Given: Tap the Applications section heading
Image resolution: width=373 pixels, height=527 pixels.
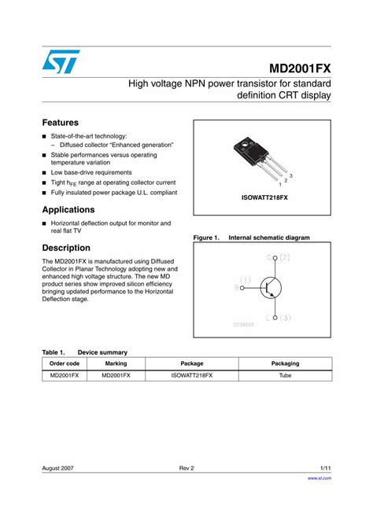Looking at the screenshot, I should [68, 210].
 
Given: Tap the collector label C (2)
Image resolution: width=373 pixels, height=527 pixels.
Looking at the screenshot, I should [278, 258].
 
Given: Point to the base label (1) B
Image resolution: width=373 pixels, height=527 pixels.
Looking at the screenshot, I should [242, 283].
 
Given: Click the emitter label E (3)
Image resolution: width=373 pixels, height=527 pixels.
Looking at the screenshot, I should [279, 318].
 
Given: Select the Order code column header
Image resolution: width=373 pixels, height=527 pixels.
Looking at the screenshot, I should [65, 363].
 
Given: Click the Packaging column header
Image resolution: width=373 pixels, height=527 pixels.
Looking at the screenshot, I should [285, 363].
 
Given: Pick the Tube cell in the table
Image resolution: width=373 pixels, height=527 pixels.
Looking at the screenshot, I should [285, 376].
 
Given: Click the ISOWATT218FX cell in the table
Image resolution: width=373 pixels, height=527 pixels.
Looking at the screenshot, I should [192, 376].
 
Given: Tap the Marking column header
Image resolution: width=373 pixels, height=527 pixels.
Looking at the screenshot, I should [116, 363].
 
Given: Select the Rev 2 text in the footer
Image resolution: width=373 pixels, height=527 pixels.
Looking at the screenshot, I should [186, 468].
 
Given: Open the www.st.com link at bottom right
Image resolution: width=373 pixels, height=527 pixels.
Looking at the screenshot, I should [319, 477].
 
